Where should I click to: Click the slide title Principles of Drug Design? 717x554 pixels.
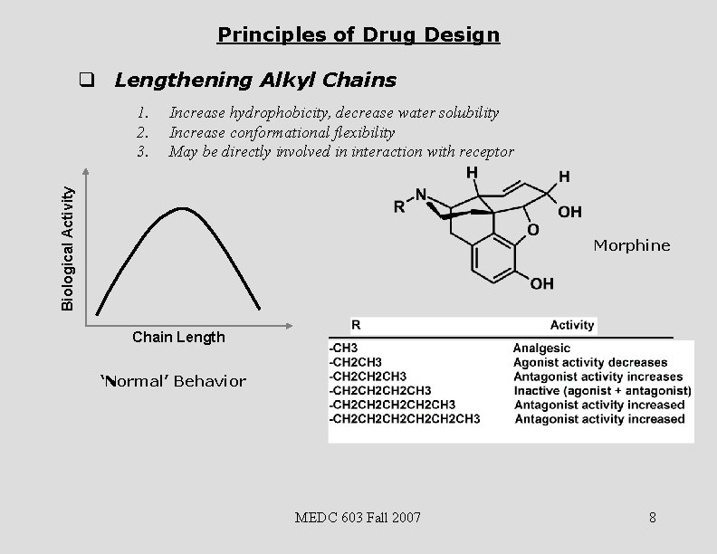(358, 35)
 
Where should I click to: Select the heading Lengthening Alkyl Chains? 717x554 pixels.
(254, 80)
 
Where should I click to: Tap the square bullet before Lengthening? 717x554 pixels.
(87, 80)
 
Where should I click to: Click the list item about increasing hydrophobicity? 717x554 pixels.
(333, 113)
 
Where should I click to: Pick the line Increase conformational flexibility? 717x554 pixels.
(282, 132)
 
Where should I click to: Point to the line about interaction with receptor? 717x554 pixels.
(341, 151)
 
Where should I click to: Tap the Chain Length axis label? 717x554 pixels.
(178, 337)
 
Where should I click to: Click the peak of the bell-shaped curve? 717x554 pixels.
(183, 209)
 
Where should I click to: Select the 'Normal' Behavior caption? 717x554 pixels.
(172, 381)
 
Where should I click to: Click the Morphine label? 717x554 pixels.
(631, 245)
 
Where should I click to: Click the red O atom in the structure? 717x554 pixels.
(532, 230)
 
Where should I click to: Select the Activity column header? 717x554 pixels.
(571, 325)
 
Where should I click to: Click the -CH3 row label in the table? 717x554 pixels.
(344, 348)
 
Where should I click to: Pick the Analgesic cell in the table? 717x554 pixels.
(541, 348)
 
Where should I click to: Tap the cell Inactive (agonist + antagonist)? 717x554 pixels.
(602, 390)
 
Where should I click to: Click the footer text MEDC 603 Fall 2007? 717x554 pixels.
(358, 518)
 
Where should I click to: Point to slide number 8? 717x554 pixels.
(652, 518)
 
